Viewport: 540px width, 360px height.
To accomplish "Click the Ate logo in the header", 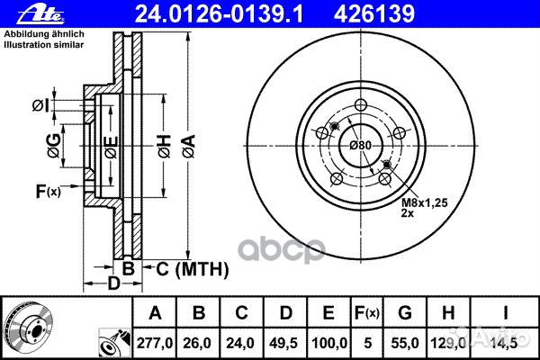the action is pos(40,14).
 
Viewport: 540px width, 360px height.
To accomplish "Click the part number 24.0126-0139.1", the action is pos(219,14).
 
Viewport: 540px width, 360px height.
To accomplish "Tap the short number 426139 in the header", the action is pos(374,14).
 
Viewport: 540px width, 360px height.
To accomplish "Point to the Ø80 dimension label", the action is pos(361,146).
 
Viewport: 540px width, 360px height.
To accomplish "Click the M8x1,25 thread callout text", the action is pos(425,202).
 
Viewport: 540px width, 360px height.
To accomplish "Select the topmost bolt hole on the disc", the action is pos(361,104).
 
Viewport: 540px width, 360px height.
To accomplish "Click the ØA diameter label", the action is pos(189,147).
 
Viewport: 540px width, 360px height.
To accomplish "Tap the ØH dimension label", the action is pos(165,147).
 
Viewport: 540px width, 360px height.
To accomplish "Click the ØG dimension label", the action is pos(54,146).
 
